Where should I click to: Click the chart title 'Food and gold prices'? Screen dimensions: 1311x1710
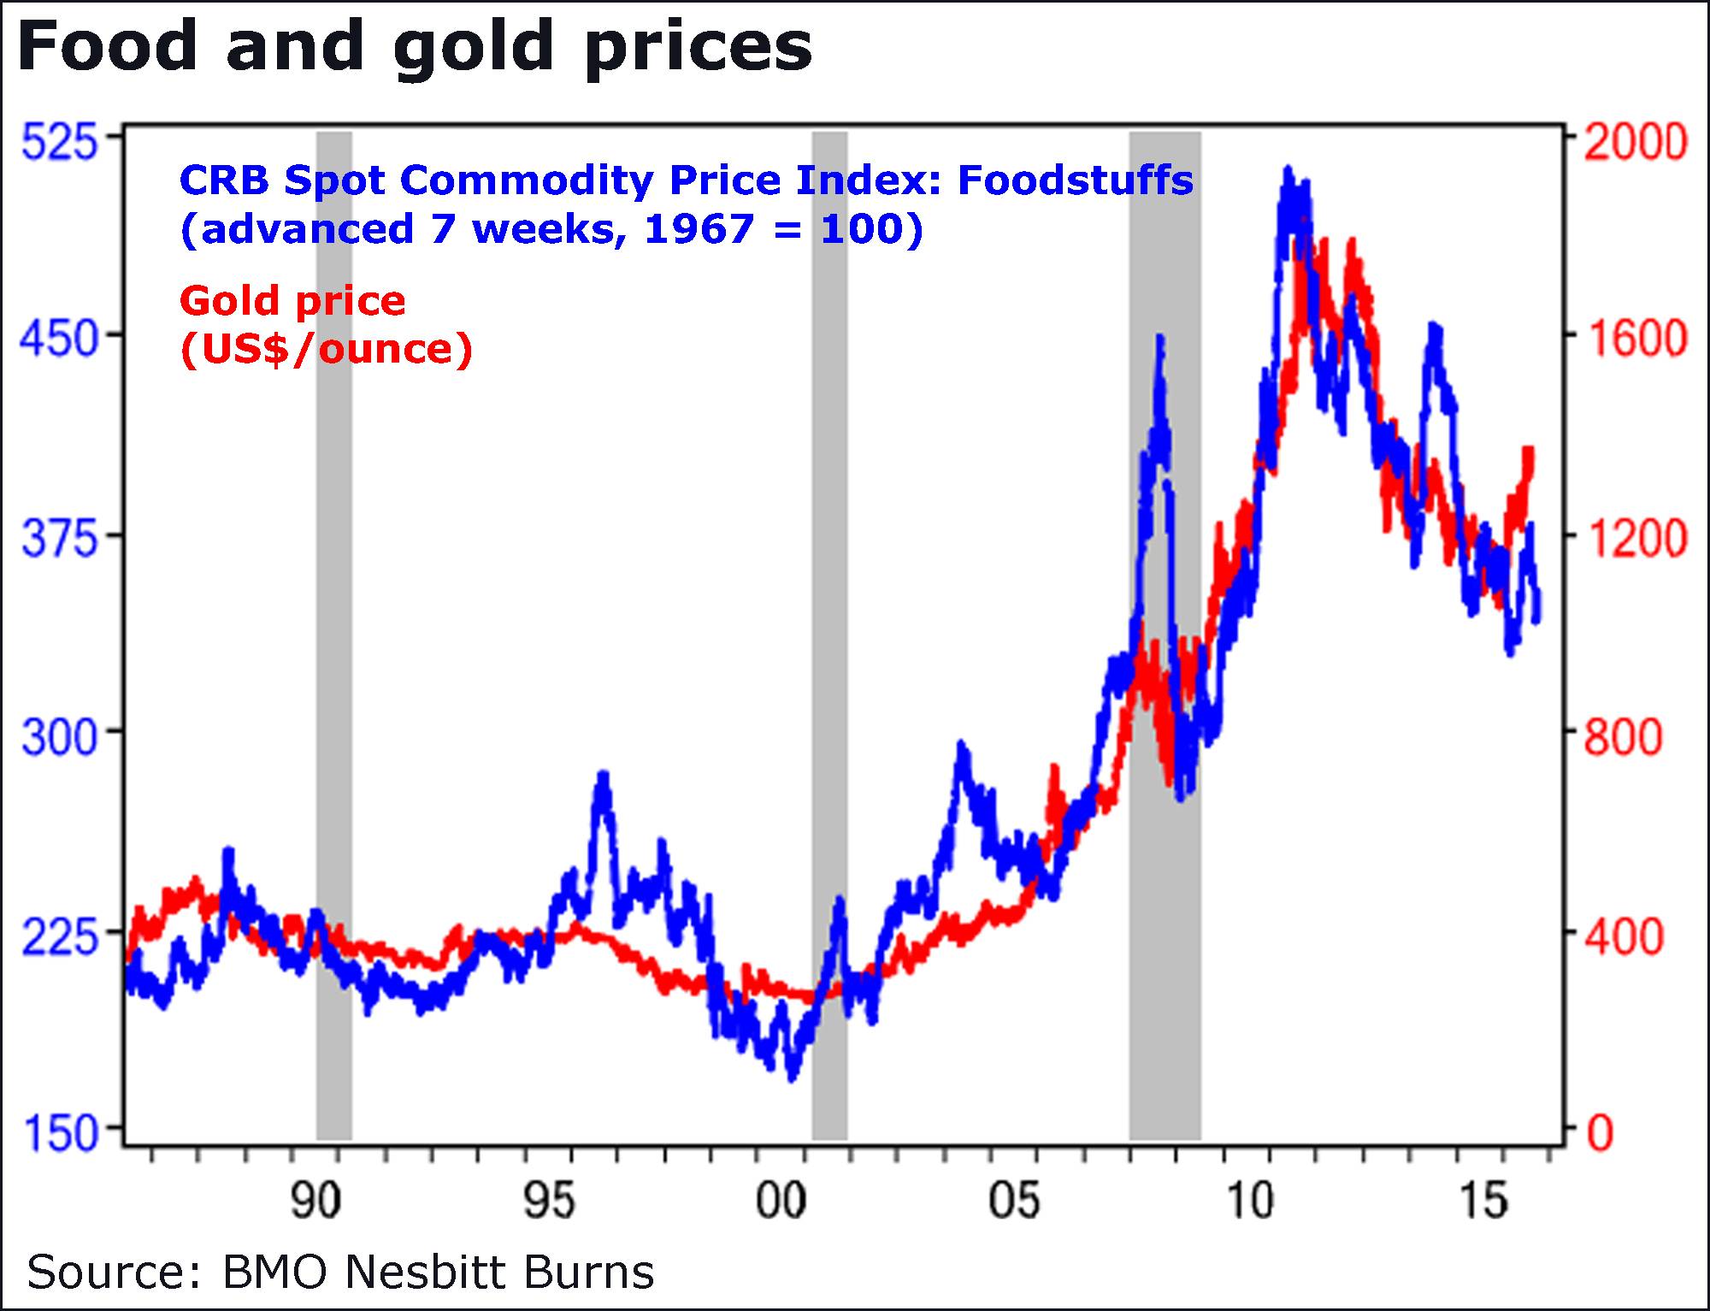(x=415, y=47)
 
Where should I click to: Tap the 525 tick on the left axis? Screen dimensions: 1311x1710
(x=59, y=142)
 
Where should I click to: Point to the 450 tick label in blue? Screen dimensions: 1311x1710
(x=59, y=340)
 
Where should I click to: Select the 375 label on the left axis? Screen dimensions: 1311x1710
(x=59, y=539)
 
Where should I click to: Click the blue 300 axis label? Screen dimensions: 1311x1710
(x=59, y=735)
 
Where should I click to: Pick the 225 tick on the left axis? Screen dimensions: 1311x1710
(x=59, y=937)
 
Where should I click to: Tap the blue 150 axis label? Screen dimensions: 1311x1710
(x=59, y=1133)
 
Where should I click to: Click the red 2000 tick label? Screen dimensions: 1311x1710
(x=1635, y=142)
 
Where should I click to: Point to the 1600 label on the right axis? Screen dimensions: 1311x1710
(x=1635, y=340)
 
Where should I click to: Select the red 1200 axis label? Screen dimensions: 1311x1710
(x=1635, y=539)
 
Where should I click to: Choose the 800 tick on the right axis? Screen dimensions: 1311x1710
(x=1622, y=735)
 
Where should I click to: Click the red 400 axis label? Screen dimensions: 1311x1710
(x=1622, y=937)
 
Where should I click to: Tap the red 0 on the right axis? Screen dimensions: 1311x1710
(x=1601, y=1133)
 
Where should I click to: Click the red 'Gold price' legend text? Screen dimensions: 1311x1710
(x=292, y=301)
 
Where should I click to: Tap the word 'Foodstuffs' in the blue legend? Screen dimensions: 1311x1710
(x=1075, y=180)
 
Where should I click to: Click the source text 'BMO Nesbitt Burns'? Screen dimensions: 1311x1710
(x=438, y=1272)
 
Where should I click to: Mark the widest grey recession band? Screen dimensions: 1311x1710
(x=1165, y=633)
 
